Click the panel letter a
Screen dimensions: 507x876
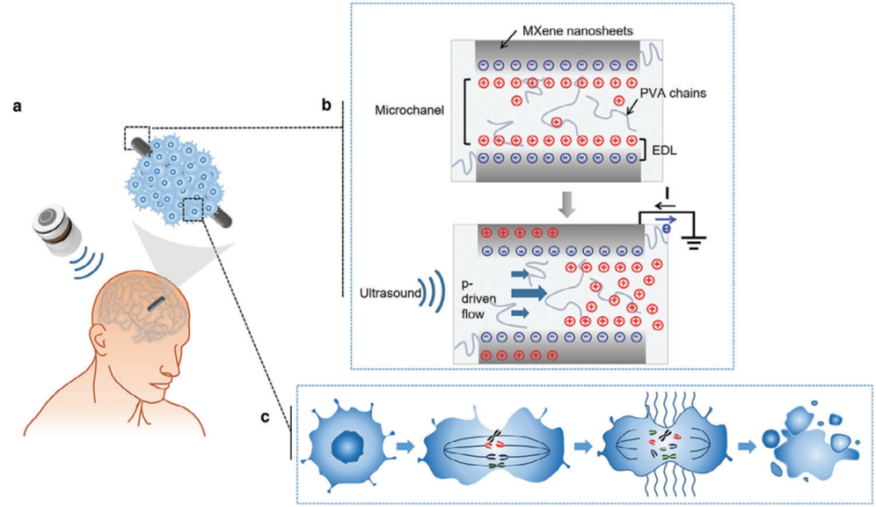[x=16, y=107]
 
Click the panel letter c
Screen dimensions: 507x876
[x=265, y=419]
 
